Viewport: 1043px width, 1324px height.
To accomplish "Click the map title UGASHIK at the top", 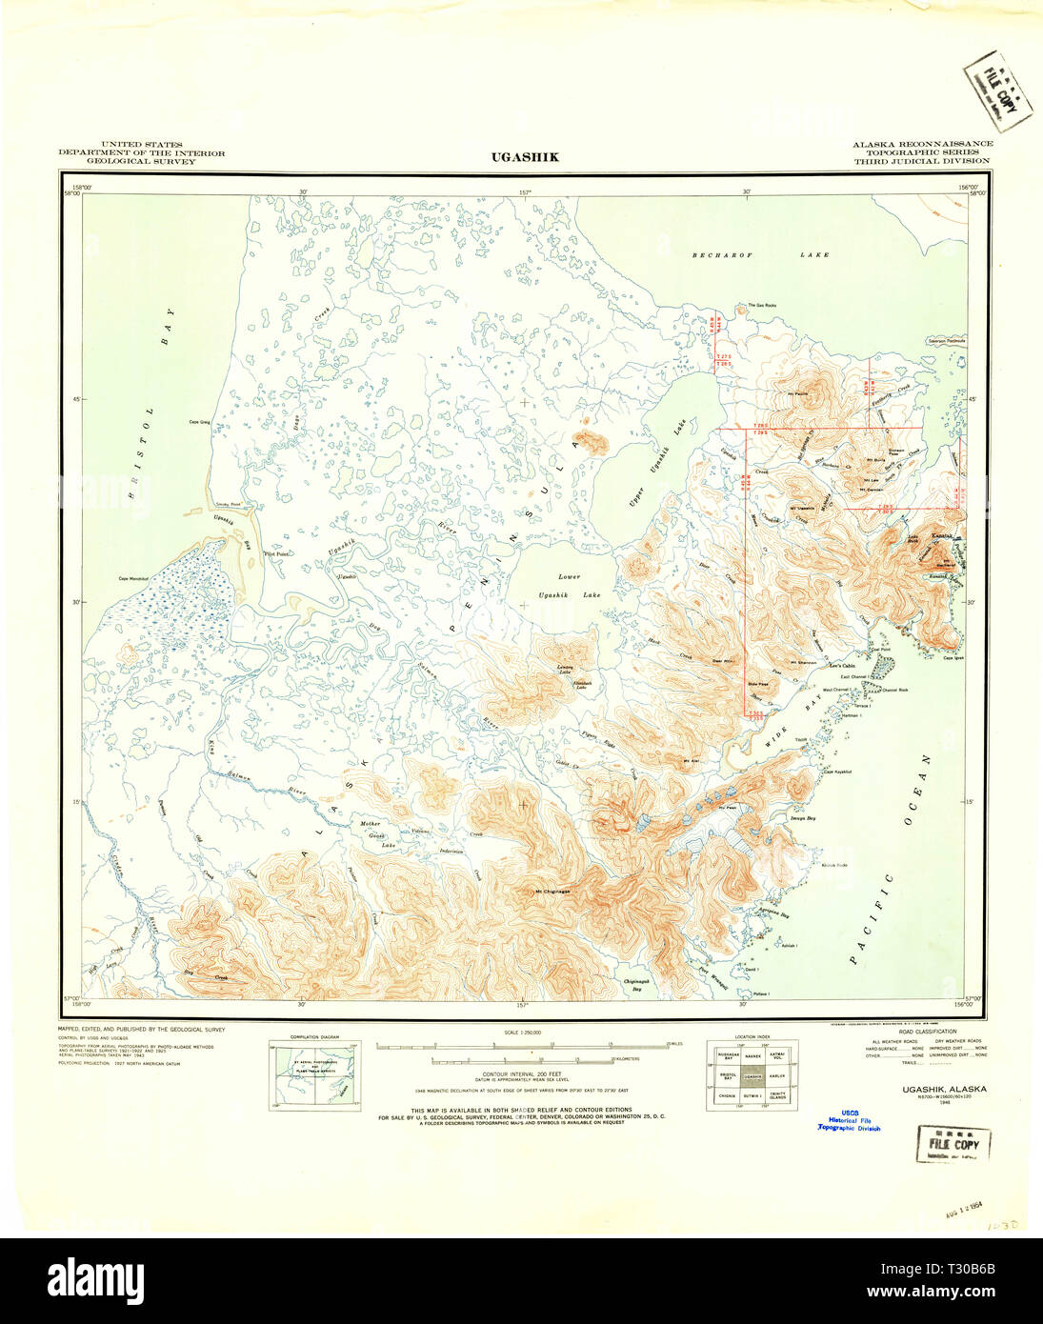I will coord(525,157).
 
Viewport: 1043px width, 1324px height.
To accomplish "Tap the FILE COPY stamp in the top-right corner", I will coord(997,90).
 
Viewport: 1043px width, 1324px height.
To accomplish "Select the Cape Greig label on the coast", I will coord(199,422).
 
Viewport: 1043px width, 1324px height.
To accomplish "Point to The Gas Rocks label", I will coord(761,306).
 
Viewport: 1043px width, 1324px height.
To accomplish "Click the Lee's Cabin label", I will coord(842,666).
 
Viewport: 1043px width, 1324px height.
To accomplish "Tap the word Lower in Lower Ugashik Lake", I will coord(569,577).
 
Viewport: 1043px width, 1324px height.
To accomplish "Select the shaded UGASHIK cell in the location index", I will coord(752,1076).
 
